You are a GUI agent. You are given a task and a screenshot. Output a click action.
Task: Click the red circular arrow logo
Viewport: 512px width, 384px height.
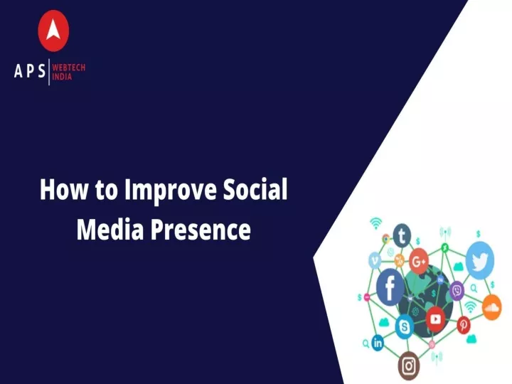53,31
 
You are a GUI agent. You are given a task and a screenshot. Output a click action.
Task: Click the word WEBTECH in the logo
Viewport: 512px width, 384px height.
68,68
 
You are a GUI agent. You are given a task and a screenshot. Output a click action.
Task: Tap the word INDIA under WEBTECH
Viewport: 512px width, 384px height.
62,77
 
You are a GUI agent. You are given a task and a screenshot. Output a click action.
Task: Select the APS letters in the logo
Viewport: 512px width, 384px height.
30,70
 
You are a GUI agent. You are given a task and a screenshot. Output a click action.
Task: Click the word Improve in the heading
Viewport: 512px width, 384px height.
171,191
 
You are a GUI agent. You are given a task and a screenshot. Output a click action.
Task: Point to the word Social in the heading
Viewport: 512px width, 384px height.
255,189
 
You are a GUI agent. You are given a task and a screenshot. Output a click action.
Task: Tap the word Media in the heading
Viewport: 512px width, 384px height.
110,228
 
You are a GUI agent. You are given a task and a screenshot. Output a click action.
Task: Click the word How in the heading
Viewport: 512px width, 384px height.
64,189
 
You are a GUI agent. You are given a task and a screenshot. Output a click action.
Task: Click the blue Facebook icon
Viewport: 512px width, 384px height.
390,287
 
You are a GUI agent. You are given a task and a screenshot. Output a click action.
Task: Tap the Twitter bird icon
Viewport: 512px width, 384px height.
480,260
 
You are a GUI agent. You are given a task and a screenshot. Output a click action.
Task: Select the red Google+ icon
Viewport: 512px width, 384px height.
419,261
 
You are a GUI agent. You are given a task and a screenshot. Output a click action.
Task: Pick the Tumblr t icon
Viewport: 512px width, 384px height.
402,235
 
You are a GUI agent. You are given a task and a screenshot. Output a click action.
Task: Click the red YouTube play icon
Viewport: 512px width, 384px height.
436,319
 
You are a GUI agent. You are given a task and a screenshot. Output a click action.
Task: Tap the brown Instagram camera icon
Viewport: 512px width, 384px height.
408,366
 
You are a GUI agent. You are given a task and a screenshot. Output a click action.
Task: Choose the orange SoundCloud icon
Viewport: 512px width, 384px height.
492,307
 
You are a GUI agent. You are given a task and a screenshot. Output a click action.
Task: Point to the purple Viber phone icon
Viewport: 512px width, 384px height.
457,291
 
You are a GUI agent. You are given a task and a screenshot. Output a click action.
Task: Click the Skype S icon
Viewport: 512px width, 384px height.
404,326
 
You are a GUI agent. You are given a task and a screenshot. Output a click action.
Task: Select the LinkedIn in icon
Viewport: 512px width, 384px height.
378,343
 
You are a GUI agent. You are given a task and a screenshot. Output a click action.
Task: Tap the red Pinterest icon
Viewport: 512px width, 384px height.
464,325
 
